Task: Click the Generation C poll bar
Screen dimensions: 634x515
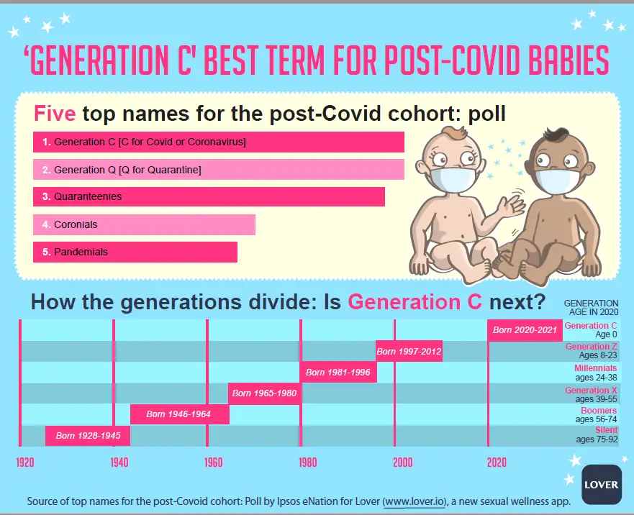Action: click(219, 142)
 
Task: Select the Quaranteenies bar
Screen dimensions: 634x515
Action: click(209, 196)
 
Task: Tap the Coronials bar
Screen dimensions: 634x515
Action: click(145, 224)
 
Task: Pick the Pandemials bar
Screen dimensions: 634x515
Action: click(135, 252)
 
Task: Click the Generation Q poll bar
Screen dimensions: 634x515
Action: click(219, 169)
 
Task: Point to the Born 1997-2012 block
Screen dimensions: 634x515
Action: click(409, 351)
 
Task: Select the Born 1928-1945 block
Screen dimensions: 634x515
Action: click(88, 435)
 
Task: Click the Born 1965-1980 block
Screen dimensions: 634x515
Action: click(264, 393)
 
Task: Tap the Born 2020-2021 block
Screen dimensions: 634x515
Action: click(525, 330)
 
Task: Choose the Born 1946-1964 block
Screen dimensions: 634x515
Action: click(179, 414)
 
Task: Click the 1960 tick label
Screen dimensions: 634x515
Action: click(214, 462)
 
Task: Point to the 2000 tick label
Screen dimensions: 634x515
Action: click(403, 462)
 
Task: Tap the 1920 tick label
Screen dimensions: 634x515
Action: click(25, 462)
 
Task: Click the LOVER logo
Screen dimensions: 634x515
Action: click(601, 484)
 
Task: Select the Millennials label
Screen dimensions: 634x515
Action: click(596, 368)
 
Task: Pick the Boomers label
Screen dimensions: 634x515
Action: click(599, 410)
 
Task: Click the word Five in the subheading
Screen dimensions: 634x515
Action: click(55, 113)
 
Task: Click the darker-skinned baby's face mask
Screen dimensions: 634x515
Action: click(558, 181)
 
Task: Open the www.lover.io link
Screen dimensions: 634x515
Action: click(414, 501)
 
